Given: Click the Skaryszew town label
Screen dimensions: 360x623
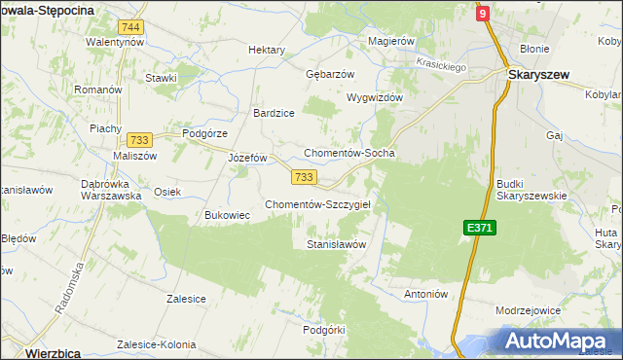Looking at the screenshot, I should pyautogui.click(x=542, y=74).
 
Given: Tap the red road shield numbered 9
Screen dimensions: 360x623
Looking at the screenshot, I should pyautogui.click(x=482, y=13).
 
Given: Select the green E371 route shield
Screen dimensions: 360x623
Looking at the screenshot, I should pyautogui.click(x=479, y=228).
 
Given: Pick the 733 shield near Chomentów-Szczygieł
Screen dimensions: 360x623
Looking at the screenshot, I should pyautogui.click(x=303, y=176).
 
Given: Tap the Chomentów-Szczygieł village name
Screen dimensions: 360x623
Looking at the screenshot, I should pyautogui.click(x=324, y=204).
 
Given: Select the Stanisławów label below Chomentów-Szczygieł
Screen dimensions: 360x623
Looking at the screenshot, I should pyautogui.click(x=336, y=245).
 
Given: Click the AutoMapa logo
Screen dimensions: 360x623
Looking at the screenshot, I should pyautogui.click(x=558, y=341).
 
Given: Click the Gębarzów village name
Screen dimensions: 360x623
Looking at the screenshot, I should pyautogui.click(x=330, y=74).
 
